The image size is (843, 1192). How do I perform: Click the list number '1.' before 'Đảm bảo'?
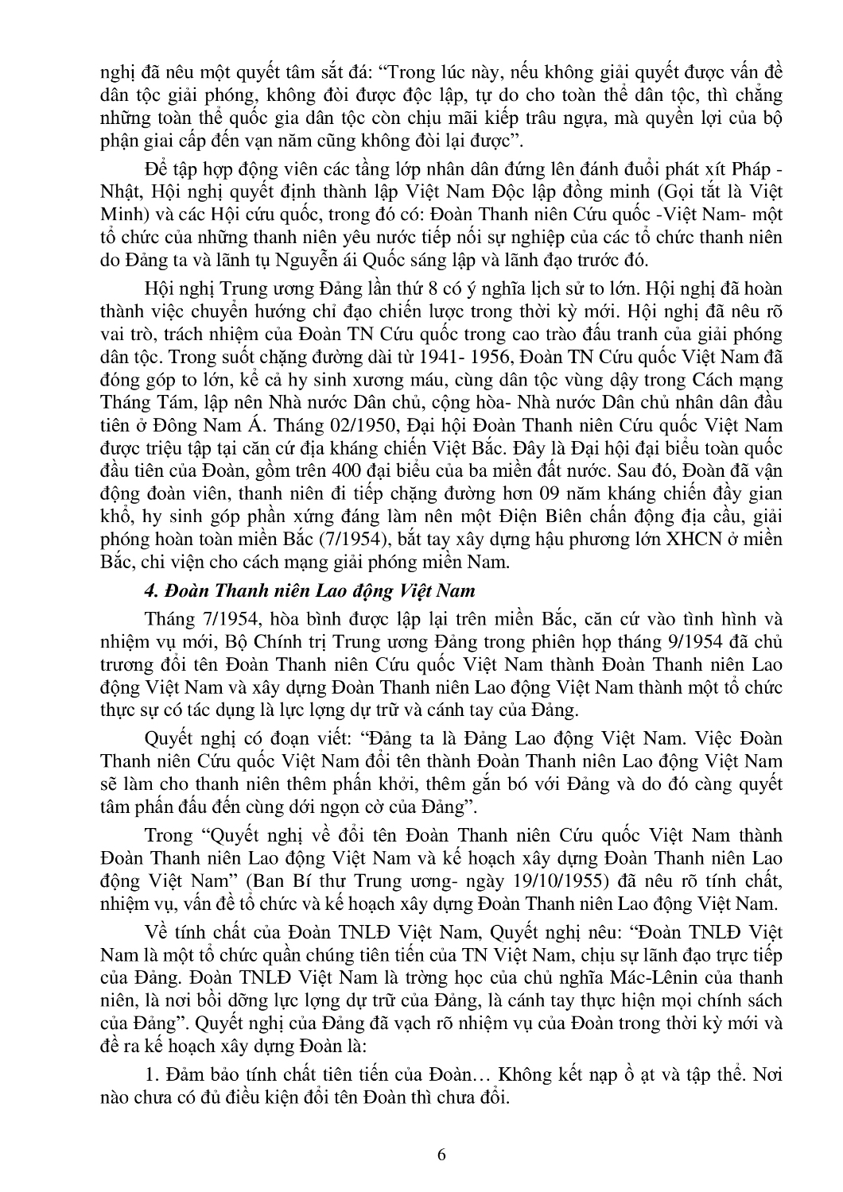[x=153, y=1074]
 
